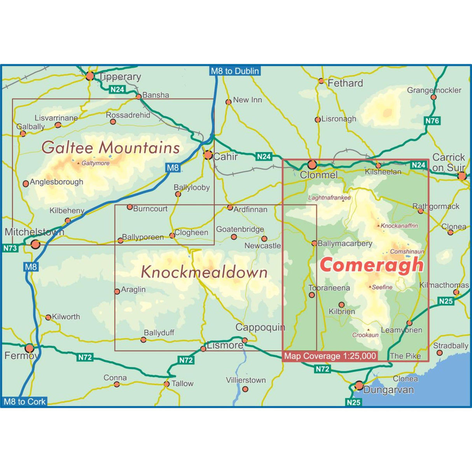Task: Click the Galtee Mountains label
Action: pos(110,147)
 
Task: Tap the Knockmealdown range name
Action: pos(204,272)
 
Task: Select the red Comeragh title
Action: pos(372,265)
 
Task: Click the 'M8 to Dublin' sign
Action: pos(234,71)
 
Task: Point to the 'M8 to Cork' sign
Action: pos(24,402)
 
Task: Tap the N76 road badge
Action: pos(432,121)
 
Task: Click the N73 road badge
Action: pos(10,248)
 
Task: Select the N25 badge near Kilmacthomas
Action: pos(446,301)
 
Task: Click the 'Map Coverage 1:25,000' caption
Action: pos(330,356)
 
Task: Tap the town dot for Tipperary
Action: pos(90,76)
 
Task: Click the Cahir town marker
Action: pos(208,155)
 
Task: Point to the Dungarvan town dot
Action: pos(359,386)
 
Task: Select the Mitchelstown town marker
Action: pos(35,244)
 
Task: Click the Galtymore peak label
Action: pos(95,163)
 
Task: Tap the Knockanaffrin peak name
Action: pos(399,226)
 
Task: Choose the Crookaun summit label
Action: pos(365,335)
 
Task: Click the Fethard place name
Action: pos(345,83)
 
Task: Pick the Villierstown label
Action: pos(246,380)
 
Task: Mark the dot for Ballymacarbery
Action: pos(314,243)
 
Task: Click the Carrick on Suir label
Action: pos(449,162)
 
